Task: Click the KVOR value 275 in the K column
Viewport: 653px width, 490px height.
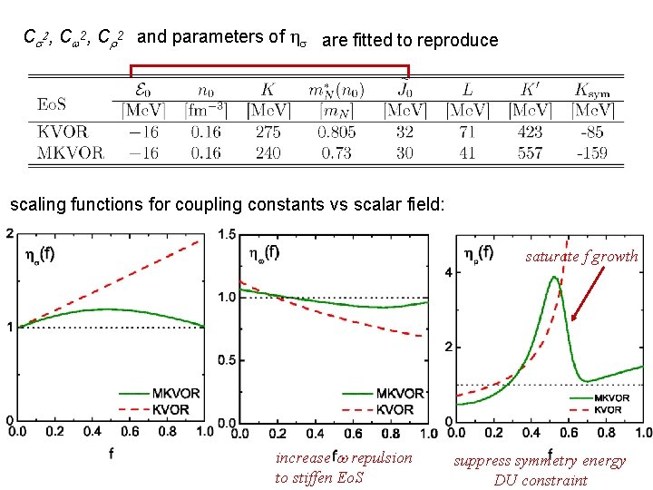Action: (268, 131)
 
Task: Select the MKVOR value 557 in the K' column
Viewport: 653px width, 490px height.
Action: (530, 152)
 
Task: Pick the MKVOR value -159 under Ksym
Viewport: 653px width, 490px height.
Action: (591, 152)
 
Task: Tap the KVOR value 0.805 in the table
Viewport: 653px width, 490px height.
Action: (336, 131)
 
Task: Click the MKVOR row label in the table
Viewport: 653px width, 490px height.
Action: (70, 152)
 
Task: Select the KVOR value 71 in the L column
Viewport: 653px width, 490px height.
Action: (468, 131)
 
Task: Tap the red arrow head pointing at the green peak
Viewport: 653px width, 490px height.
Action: (572, 318)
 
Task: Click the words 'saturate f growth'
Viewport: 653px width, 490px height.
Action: (581, 256)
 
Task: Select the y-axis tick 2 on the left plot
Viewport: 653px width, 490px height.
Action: (9, 234)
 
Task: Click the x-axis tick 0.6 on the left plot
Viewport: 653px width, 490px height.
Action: (134, 434)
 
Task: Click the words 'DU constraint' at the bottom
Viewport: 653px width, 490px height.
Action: (541, 480)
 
